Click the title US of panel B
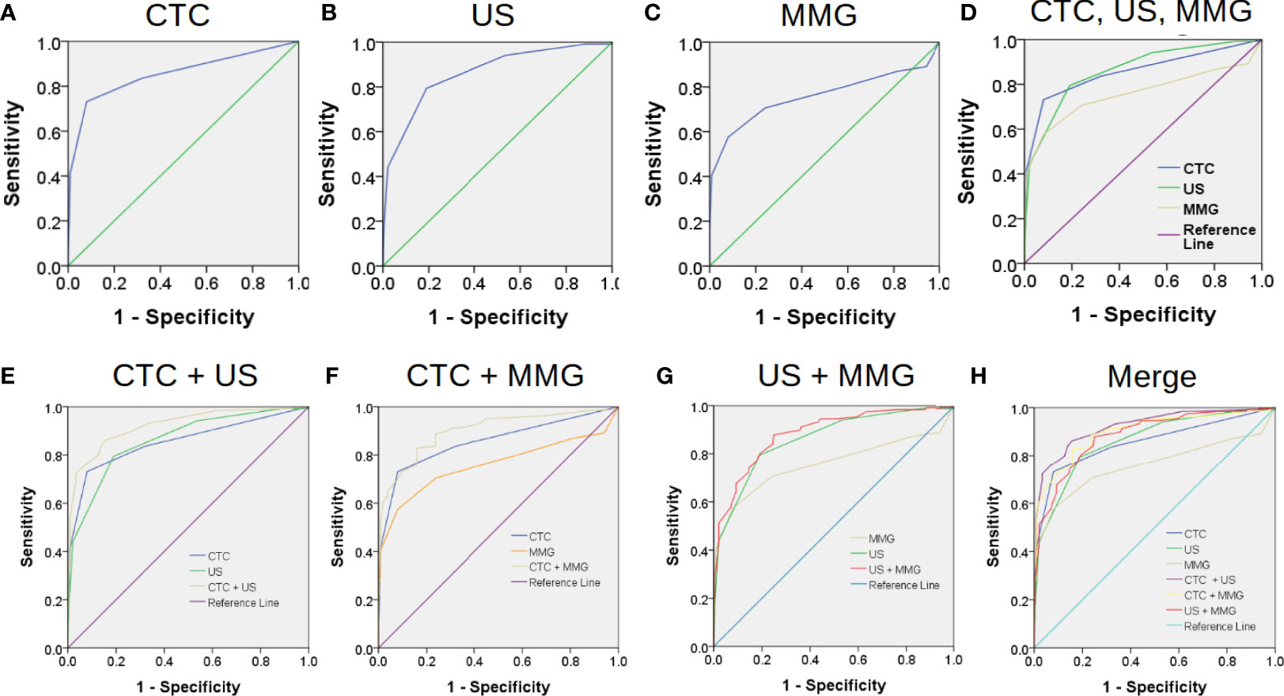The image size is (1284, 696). click(493, 16)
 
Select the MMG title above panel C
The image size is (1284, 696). click(819, 16)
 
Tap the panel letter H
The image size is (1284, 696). click(979, 376)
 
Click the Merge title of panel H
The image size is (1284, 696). click(1152, 376)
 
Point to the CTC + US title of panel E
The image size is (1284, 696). click(185, 376)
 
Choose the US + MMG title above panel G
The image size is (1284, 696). click(836, 376)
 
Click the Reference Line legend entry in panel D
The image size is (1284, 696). click(1218, 236)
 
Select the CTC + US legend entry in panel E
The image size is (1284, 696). click(232, 587)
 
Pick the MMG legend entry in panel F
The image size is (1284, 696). click(542, 552)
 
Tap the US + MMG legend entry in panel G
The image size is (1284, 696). click(894, 569)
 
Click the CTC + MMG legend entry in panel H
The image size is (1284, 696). click(1214, 595)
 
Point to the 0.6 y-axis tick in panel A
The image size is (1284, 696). click(49, 132)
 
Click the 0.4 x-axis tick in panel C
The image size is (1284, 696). click(801, 283)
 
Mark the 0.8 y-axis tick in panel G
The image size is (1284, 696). click(699, 455)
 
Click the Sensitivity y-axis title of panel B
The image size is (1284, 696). click(328, 154)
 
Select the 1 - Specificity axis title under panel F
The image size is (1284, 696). click(498, 687)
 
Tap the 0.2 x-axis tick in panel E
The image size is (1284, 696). click(116, 661)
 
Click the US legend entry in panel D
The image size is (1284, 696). click(1194, 189)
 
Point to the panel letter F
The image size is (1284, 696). click(332, 376)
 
